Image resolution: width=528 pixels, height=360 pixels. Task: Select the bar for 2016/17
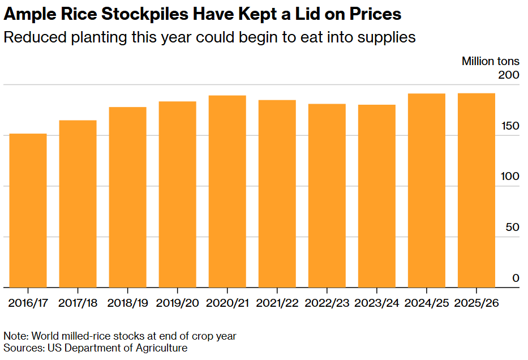tap(28, 211)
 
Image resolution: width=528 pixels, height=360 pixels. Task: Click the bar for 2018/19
tap(127, 197)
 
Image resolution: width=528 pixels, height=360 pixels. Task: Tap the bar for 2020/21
tap(227, 191)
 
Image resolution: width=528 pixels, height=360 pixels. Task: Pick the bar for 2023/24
tap(376, 196)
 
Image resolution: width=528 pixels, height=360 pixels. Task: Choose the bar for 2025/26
tap(476, 190)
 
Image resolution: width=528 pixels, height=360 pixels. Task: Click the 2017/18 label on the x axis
tap(78, 303)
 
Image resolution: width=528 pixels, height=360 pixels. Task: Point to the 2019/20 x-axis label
tap(177, 303)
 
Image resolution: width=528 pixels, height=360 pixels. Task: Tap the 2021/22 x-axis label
tap(277, 303)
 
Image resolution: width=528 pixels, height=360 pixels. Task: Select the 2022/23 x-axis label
tap(327, 303)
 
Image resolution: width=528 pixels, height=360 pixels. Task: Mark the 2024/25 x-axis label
tap(426, 303)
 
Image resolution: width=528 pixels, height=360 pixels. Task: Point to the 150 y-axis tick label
tap(509, 126)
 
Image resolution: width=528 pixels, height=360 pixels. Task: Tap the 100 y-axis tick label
tap(509, 177)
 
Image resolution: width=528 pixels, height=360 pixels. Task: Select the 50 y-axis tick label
tap(512, 228)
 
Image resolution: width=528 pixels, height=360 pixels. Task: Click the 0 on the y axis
tap(516, 278)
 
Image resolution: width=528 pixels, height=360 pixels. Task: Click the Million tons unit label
tap(490, 61)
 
